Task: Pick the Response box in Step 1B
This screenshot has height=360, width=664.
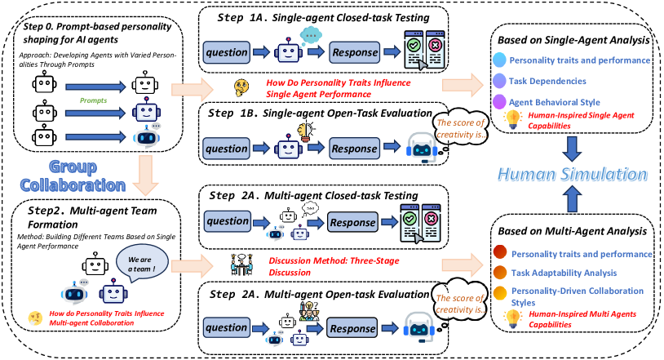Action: [356, 149]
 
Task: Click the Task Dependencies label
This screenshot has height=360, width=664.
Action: [548, 81]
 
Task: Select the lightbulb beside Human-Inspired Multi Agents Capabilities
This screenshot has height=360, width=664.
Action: [513, 317]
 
